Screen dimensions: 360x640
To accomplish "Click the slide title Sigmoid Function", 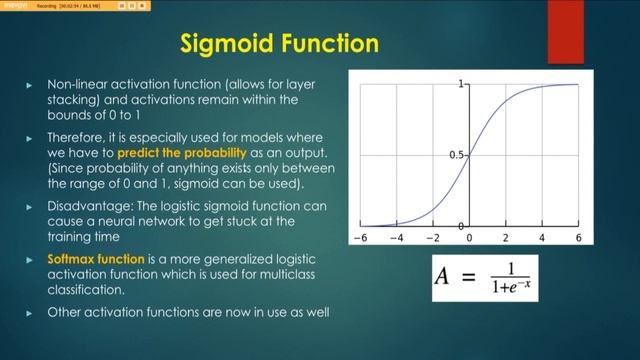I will tap(279, 44).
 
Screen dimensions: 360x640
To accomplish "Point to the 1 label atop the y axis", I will tap(462, 85).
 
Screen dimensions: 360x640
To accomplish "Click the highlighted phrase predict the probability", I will tap(181, 153).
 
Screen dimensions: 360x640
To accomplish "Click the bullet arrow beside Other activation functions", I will tap(29, 311).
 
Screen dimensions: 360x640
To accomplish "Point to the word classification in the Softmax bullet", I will tap(87, 291).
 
